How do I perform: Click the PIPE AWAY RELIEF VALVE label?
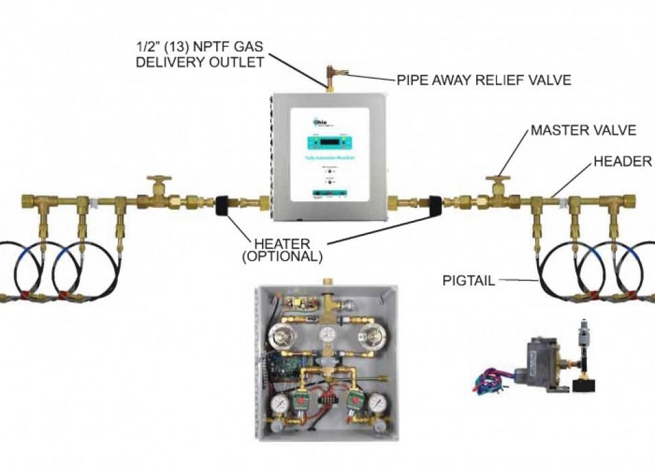(483, 80)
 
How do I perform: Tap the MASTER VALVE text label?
(583, 130)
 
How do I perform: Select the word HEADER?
(622, 161)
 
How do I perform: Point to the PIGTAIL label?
(466, 281)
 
